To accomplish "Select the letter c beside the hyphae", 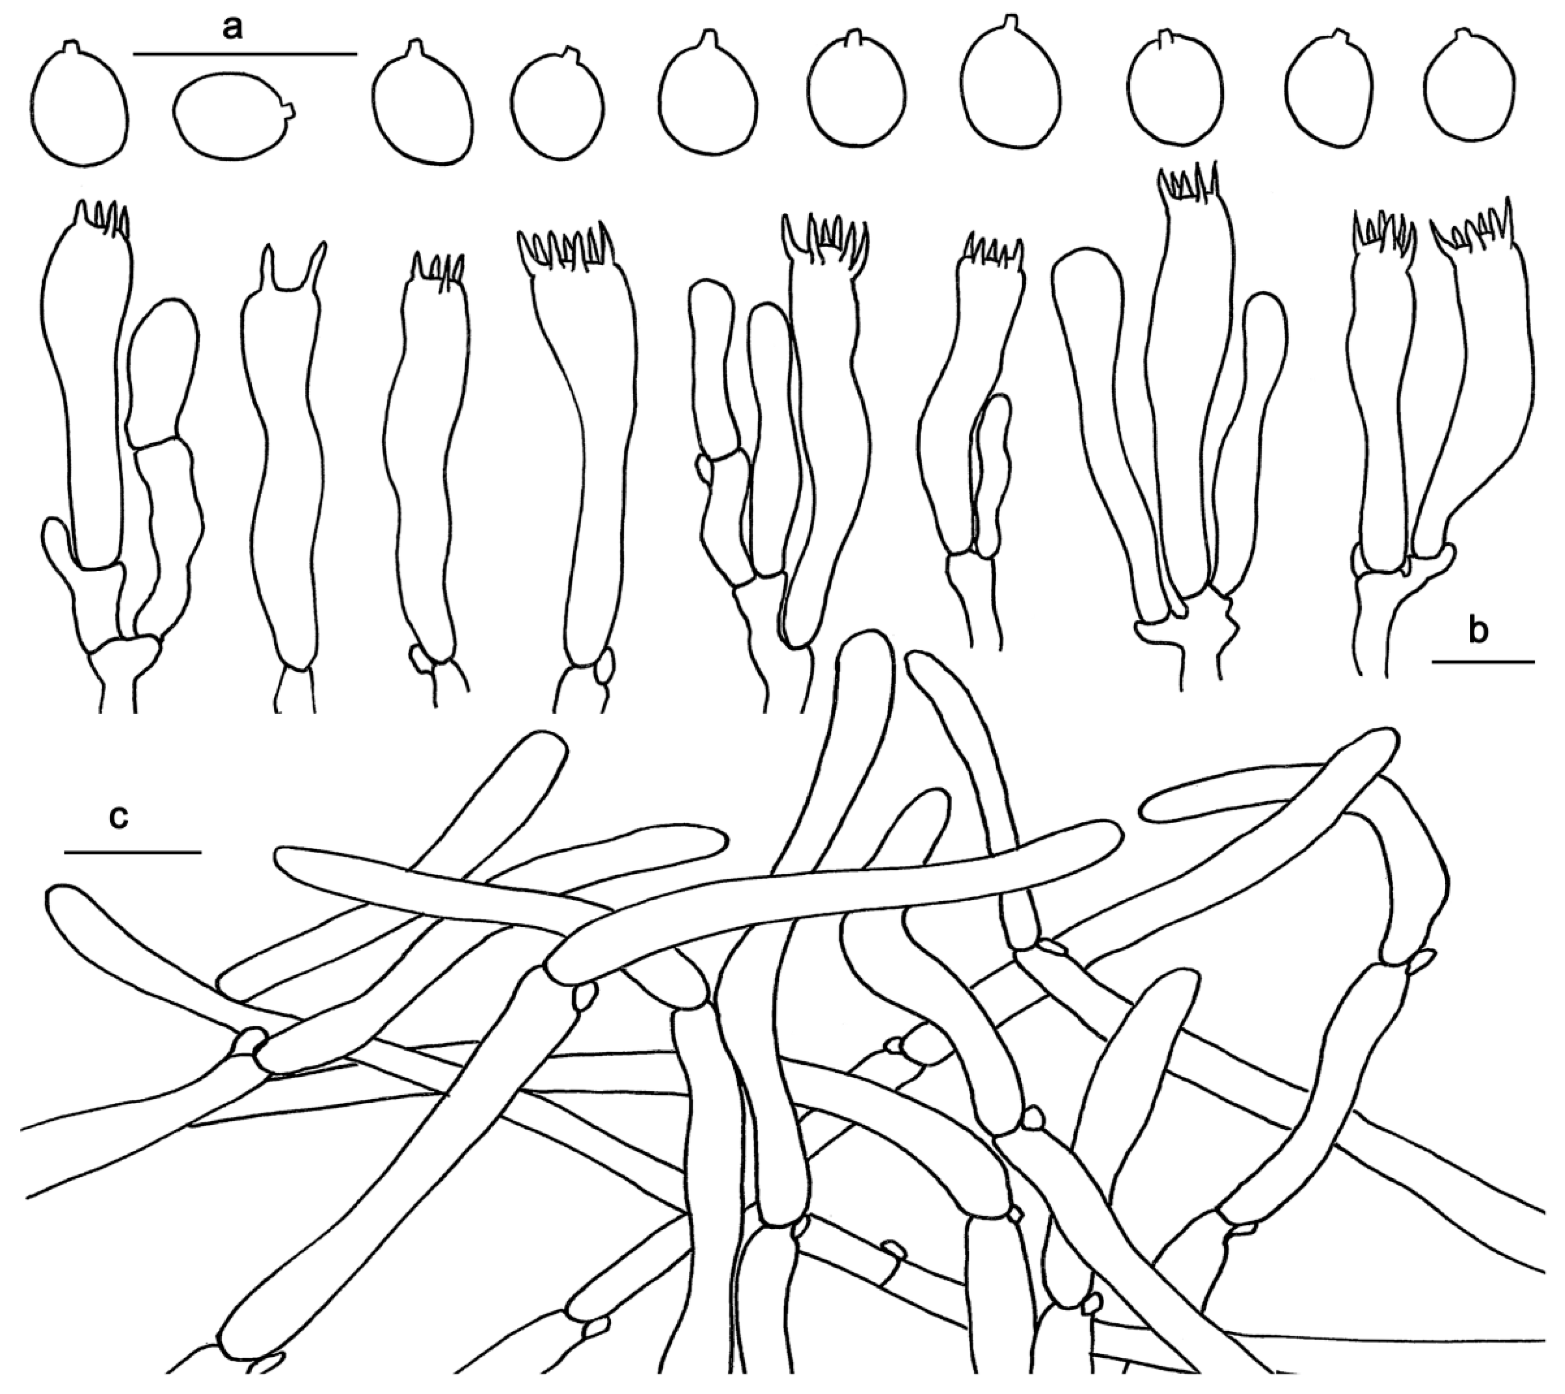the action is click(x=119, y=818).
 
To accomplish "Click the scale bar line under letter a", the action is click(x=245, y=53).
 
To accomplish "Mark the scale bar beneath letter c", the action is click(x=133, y=852).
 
